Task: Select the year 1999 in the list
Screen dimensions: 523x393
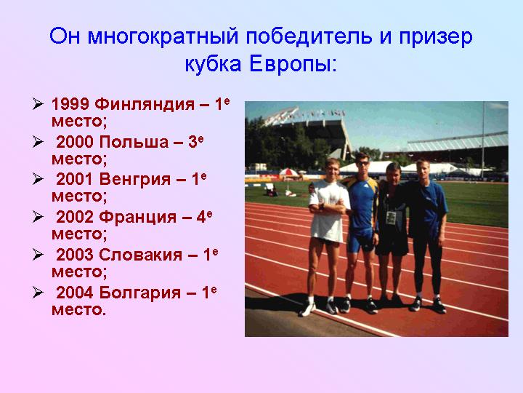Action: pos(70,104)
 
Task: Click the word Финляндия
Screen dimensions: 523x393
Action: pos(145,105)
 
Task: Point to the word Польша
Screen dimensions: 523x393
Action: pos(134,142)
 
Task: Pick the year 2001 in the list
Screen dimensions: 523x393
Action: pos(75,180)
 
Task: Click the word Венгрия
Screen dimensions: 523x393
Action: pos(135,180)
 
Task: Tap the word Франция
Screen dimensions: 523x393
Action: pos(138,218)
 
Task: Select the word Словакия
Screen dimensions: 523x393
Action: pos(140,255)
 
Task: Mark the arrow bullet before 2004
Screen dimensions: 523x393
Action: pos(38,293)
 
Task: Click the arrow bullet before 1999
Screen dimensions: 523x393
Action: pos(38,104)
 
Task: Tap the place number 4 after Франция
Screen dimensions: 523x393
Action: pos(201,218)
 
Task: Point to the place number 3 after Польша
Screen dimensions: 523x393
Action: pos(192,142)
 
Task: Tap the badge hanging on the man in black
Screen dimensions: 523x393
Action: pos(391,218)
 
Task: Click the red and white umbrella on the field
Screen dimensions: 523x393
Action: pos(288,172)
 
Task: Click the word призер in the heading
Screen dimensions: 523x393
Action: pos(436,37)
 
